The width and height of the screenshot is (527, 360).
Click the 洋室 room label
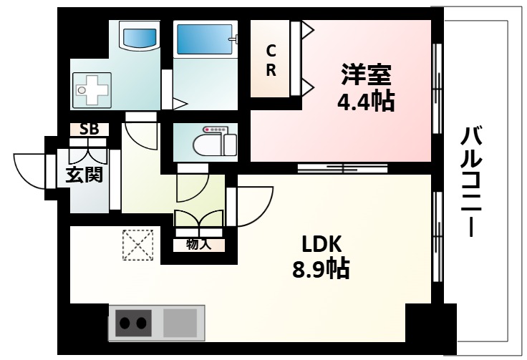pos(366,74)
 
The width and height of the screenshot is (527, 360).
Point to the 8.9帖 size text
pos(321,269)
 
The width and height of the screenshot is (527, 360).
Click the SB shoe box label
pos(89,130)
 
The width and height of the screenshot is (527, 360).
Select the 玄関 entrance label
pos(84,174)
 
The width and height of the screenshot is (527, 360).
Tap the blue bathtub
pos(203,36)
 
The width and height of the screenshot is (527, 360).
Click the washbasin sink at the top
pos(139,36)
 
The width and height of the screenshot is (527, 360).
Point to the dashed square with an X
pos(137,244)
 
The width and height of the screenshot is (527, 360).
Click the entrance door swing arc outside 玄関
pos(30,172)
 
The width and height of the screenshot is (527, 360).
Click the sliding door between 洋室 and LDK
pos(342,169)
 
